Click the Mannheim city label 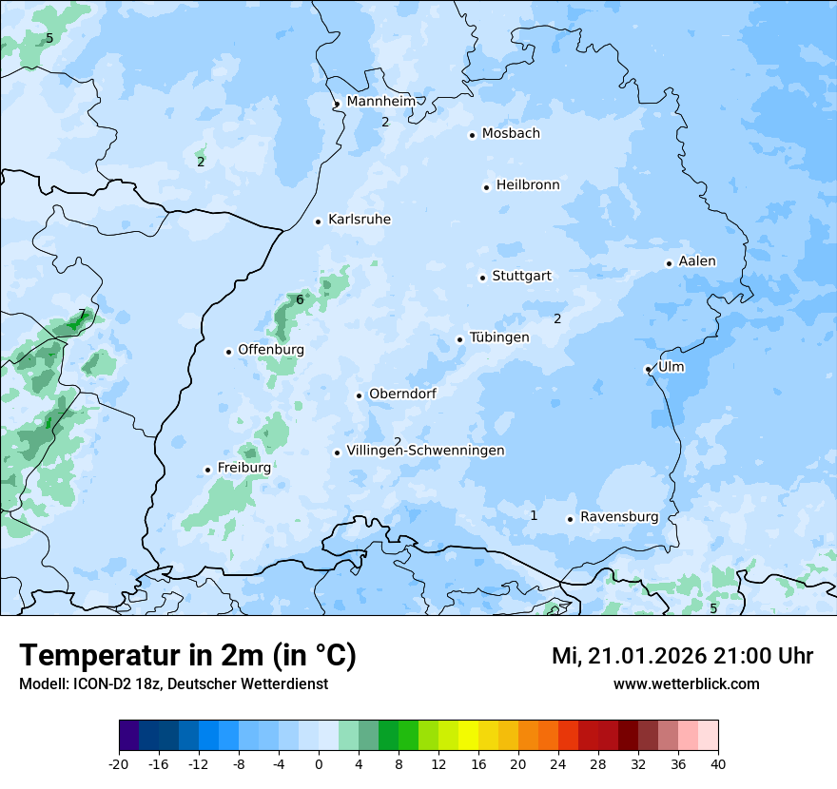380,102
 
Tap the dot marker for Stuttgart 482,278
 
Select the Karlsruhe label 360,220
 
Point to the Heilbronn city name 528,185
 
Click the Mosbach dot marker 472,135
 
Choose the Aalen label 697,261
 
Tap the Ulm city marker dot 648,369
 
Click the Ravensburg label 619,517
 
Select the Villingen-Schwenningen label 426,451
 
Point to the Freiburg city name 244,468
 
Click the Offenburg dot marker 228,352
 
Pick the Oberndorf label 402,394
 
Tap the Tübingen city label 499,337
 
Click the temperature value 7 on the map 82,314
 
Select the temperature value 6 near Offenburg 300,299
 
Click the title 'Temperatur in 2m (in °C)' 187,656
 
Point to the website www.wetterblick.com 686,683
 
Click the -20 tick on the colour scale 119,763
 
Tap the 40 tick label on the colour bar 718,763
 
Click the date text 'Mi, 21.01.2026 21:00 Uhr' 682,656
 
